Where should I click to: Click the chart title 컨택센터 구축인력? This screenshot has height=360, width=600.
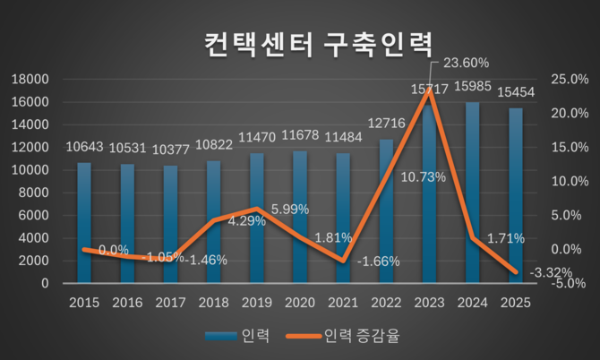[x=316, y=43]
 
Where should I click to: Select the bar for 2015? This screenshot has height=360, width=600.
[x=83, y=223]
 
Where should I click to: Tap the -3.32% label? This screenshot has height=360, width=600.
[x=548, y=272]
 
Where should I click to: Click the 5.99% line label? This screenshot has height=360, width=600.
[x=289, y=209]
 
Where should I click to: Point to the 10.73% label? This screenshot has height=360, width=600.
[x=399, y=176]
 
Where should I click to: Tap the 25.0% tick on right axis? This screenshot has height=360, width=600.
[x=569, y=80]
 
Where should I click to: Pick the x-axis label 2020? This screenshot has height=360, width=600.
[x=300, y=303]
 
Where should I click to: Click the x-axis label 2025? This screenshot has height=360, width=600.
[x=516, y=303]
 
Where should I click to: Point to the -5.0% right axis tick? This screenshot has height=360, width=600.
[x=569, y=283]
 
